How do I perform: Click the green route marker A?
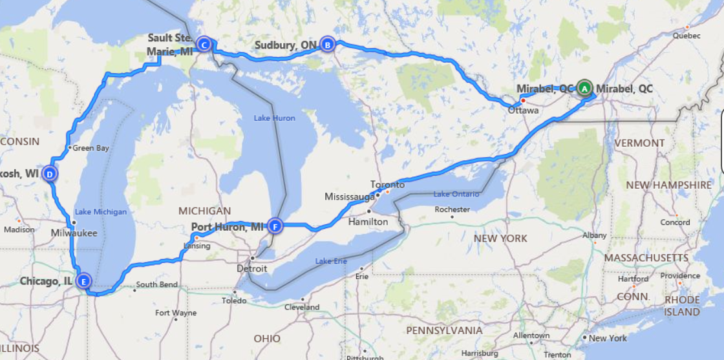coord(584,87)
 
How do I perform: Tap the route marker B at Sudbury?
coord(328,45)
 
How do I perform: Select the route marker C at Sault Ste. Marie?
coord(204,45)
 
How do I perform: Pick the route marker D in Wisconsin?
coord(49,173)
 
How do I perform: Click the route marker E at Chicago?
coord(83,281)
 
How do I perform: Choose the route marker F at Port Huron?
coord(275,226)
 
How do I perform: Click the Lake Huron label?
coord(274,118)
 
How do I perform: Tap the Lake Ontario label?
coord(456,194)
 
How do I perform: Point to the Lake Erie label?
coord(331,261)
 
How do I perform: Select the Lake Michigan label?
coord(100,212)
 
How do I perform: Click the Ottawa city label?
coord(523,111)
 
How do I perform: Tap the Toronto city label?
coord(388,184)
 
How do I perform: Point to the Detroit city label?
coord(251,268)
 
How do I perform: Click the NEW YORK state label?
coord(500,238)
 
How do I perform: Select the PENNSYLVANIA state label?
coord(443,330)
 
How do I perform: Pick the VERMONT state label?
coord(639,143)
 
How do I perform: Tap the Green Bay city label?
coord(90,148)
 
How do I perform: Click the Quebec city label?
coord(686,36)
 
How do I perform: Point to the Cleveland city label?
coord(303,307)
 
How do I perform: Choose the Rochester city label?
coord(452,209)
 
